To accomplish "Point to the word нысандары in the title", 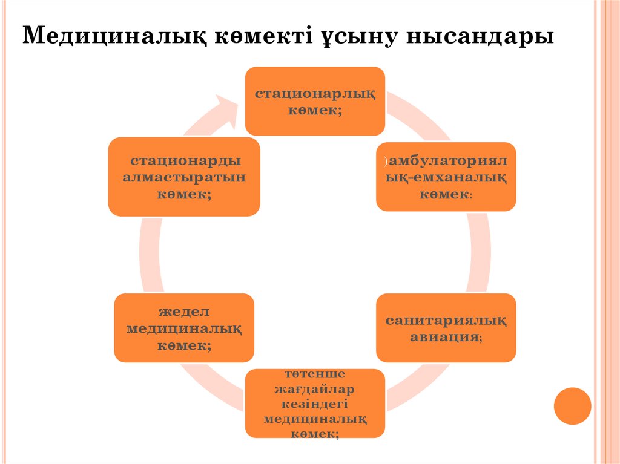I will pyautogui.click(x=480, y=37).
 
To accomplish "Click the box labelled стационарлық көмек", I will pyautogui.click(x=314, y=100).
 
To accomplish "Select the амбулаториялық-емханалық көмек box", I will pyautogui.click(x=446, y=177).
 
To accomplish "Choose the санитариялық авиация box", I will pyautogui.click(x=446, y=327).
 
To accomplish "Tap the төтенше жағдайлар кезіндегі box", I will pyautogui.click(x=314, y=403).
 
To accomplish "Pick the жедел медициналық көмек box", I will pyautogui.click(x=183, y=327).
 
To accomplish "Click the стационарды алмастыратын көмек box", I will pyautogui.click(x=183, y=177).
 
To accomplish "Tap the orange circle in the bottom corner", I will pyautogui.click(x=572, y=406).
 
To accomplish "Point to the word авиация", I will pyautogui.click(x=444, y=337).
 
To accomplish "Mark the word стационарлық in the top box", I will pyautogui.click(x=314, y=94).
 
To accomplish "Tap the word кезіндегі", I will pyautogui.click(x=314, y=404).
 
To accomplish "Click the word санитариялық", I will pyautogui.click(x=446, y=320).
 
